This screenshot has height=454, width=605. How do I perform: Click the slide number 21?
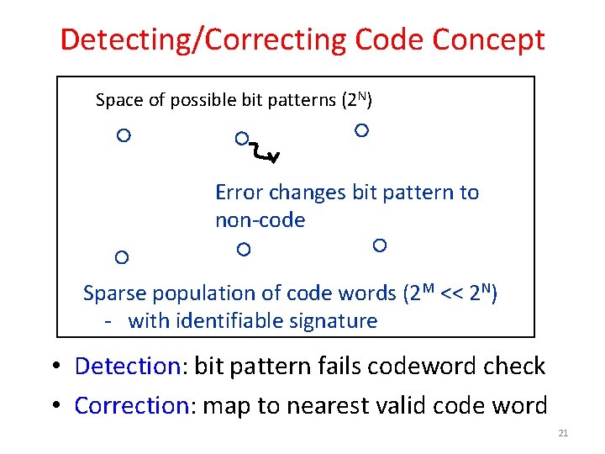pyautogui.click(x=563, y=433)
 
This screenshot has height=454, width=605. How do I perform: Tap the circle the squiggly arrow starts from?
pyautogui.click(x=241, y=138)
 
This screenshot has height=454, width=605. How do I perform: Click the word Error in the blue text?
pyautogui.click(x=239, y=193)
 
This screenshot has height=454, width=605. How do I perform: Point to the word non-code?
pyautogui.click(x=260, y=220)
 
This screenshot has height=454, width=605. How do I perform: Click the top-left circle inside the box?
pyautogui.click(x=124, y=135)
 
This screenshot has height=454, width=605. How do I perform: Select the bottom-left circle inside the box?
pyautogui.click(x=122, y=256)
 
